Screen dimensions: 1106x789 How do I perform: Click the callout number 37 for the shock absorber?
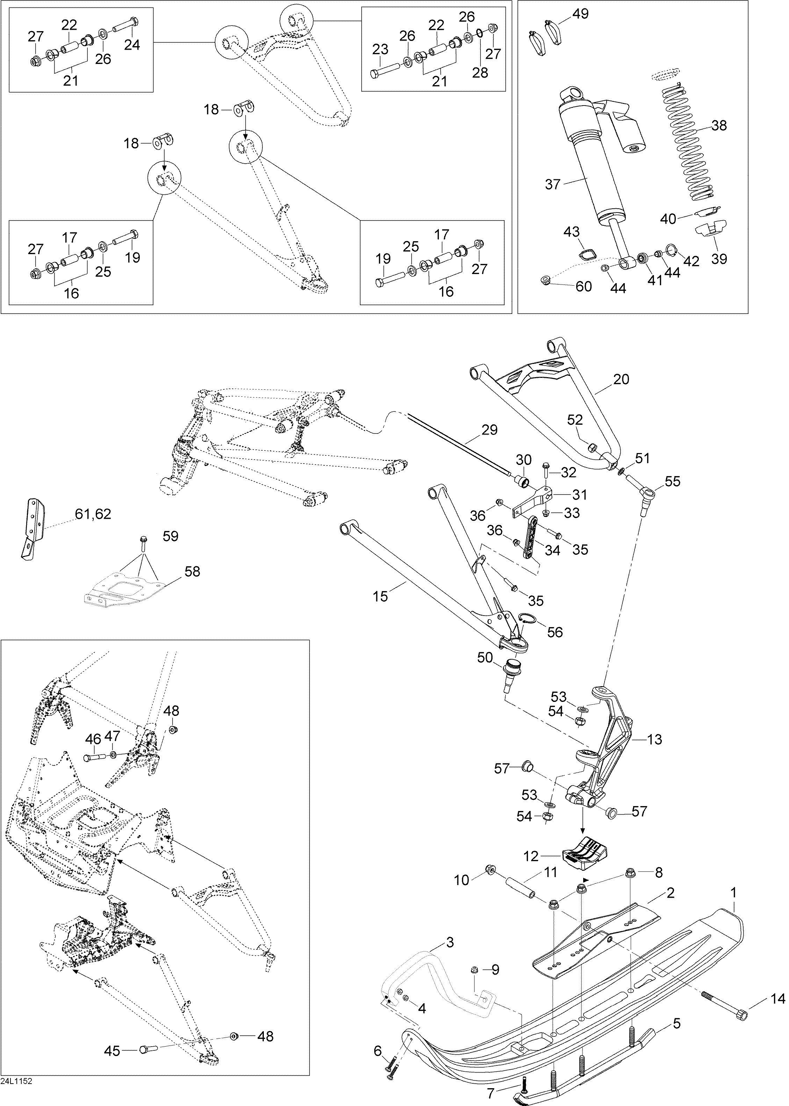(x=553, y=184)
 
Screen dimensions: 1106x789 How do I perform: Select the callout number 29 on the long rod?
(x=490, y=430)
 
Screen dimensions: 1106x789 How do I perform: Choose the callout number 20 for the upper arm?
(x=622, y=379)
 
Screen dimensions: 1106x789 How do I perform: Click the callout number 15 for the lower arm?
(x=381, y=596)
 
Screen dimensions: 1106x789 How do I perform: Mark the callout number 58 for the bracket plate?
(x=193, y=572)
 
